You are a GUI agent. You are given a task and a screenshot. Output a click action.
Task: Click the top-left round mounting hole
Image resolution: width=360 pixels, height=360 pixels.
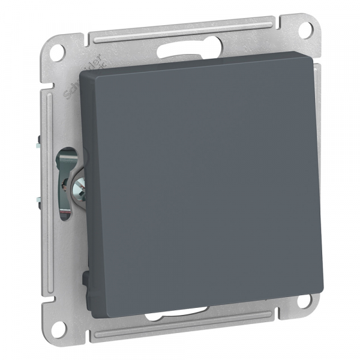click(x=58, y=50)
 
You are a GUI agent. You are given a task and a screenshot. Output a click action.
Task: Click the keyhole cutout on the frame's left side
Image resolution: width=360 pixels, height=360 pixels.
click(x=66, y=174)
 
